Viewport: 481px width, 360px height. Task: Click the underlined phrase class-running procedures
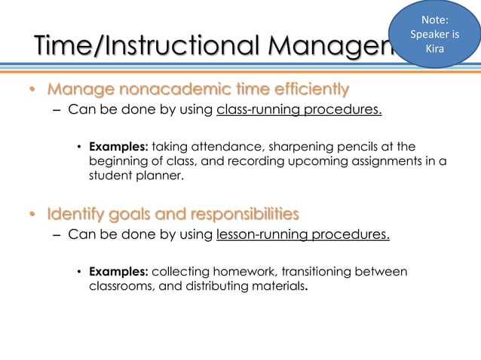click(x=299, y=112)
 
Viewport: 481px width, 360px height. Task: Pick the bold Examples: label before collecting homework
click(x=118, y=271)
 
